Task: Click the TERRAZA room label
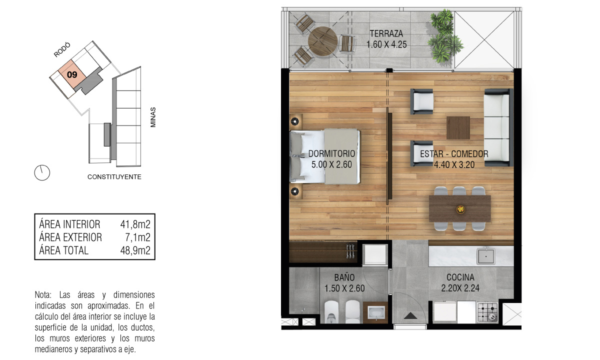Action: (386, 34)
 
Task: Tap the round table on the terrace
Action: (322, 41)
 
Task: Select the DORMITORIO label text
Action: (331, 154)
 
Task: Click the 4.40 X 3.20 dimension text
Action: (454, 164)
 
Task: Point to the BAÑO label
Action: (344, 277)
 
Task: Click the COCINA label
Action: (460, 277)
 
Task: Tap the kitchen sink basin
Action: (486, 256)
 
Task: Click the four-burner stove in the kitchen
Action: (487, 312)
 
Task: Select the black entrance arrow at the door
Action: (410, 316)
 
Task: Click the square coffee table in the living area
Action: (458, 128)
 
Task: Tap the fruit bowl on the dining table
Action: (460, 208)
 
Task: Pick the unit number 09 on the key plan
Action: (72, 74)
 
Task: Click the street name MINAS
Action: (153, 117)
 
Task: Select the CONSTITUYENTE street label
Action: (114, 177)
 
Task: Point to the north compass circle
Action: (42, 172)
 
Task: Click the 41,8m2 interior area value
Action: (135, 224)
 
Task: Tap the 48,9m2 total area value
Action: (135, 250)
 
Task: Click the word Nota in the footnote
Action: (43, 295)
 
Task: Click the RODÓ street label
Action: (62, 50)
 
